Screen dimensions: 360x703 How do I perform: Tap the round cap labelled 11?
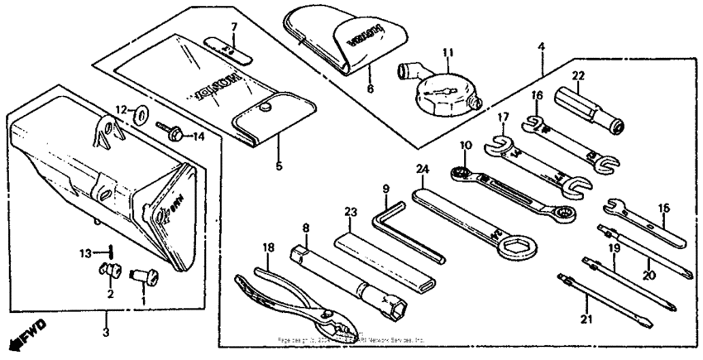pyautogui.click(x=442, y=94)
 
